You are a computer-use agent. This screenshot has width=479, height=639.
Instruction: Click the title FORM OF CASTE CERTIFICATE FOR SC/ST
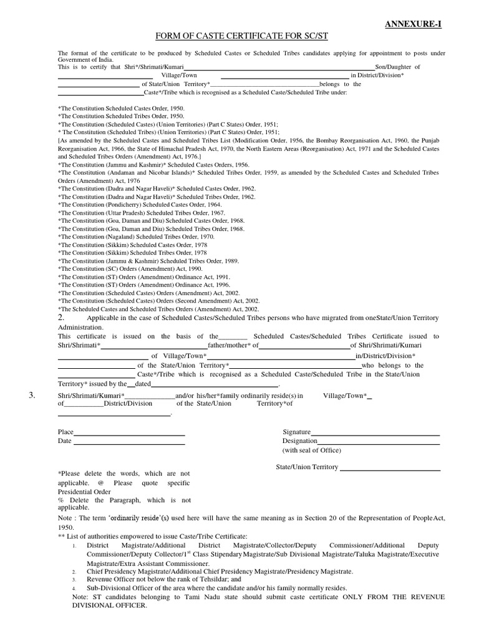[x=240, y=37]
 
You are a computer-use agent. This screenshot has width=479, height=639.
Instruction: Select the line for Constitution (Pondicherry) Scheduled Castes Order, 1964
[x=144, y=204]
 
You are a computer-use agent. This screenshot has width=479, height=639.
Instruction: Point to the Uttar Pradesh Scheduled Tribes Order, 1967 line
[x=141, y=212]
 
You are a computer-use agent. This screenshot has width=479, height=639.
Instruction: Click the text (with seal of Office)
[x=312, y=450]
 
